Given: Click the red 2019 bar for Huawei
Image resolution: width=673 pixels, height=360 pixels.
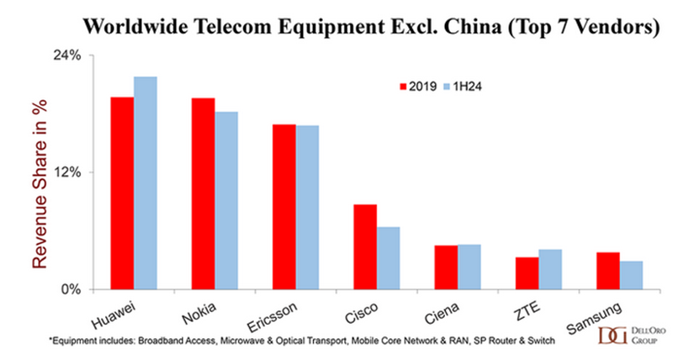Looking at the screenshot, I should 122,193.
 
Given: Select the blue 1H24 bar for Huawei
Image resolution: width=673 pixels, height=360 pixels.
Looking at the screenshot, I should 146,183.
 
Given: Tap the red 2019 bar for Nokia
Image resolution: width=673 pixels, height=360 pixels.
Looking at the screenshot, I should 203,193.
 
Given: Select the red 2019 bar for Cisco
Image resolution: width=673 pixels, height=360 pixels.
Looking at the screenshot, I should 364,246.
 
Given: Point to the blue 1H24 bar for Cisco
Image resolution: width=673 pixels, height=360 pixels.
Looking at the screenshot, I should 388,257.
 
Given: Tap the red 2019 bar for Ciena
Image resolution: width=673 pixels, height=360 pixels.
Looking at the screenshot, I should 446,267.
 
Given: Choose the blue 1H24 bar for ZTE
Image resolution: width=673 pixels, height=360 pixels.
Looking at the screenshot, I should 550,269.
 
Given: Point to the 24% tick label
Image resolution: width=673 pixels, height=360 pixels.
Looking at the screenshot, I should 69,56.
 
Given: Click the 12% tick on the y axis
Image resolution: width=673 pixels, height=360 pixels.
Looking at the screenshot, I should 69,172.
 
